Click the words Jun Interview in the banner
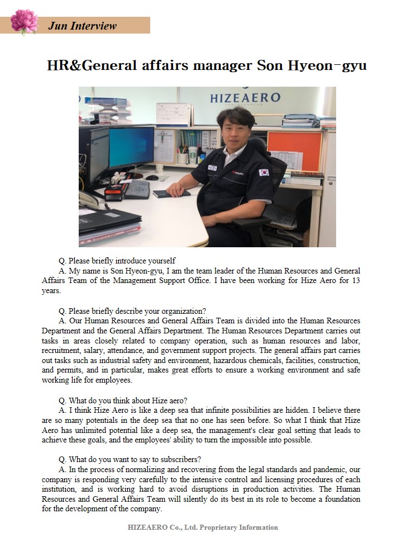click(83, 26)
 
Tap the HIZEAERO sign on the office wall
click(245, 98)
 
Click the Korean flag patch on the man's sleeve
click(264, 172)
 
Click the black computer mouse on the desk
click(152, 177)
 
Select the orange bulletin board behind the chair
click(294, 151)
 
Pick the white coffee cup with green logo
click(193, 154)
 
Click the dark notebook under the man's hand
click(167, 194)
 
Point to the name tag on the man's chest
click(212, 167)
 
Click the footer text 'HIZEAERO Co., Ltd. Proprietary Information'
click(203, 527)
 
